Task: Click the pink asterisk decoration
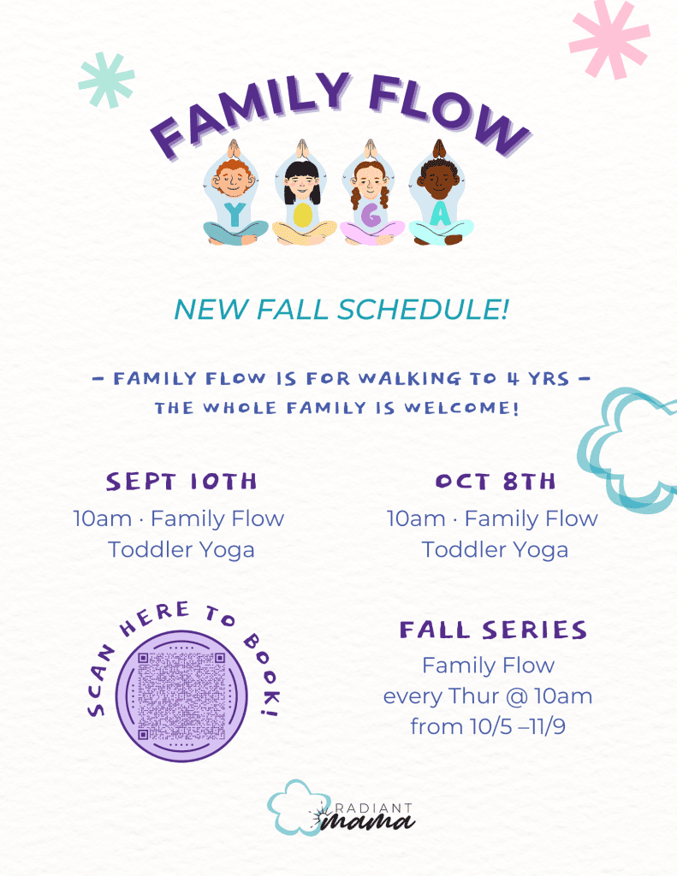pos(609,38)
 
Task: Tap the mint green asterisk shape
pos(107,80)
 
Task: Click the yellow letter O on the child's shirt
pos(302,216)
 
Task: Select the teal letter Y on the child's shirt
pos(235,215)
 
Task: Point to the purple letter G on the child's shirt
pos(371,215)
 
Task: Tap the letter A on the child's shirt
pos(441,214)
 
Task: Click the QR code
pos(181,696)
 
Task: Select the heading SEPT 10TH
pos(181,482)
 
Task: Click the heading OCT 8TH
pos(496,482)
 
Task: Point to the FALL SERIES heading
pos(493,630)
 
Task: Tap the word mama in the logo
pos(368,821)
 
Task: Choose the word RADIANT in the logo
pos(374,808)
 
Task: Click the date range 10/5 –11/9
pos(518,727)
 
